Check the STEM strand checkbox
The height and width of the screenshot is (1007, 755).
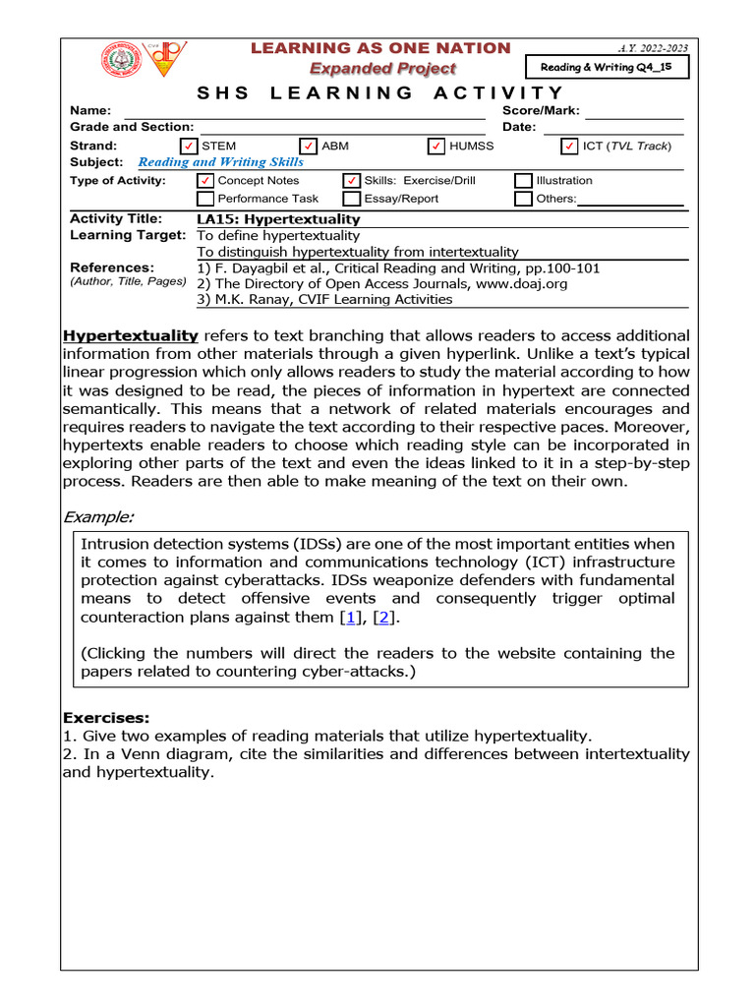pos(189,147)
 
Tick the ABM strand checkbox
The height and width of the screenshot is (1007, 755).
pos(309,147)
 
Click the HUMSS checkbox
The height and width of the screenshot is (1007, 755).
pos(436,147)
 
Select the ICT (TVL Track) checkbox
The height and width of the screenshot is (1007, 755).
pos(569,147)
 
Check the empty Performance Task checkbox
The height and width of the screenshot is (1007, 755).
pos(204,199)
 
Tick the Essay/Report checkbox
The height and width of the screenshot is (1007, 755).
pos(351,199)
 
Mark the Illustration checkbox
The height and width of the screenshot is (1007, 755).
pos(523,181)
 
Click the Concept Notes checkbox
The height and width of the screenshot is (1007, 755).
pos(204,181)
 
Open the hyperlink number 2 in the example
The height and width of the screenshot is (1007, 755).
pos(385,618)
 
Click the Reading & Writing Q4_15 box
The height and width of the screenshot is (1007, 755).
pos(608,67)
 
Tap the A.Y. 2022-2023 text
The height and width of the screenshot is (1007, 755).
pos(653,47)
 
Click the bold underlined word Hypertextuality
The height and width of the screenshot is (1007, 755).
pos(131,335)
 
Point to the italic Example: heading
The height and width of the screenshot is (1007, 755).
pos(98,516)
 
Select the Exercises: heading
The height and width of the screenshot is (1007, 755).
pos(106,718)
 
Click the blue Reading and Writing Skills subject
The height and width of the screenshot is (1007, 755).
pos(220,162)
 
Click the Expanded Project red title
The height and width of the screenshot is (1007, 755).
pos(382,68)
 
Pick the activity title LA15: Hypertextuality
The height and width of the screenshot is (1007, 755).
pos(278,219)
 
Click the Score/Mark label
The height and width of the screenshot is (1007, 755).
pos(541,111)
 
